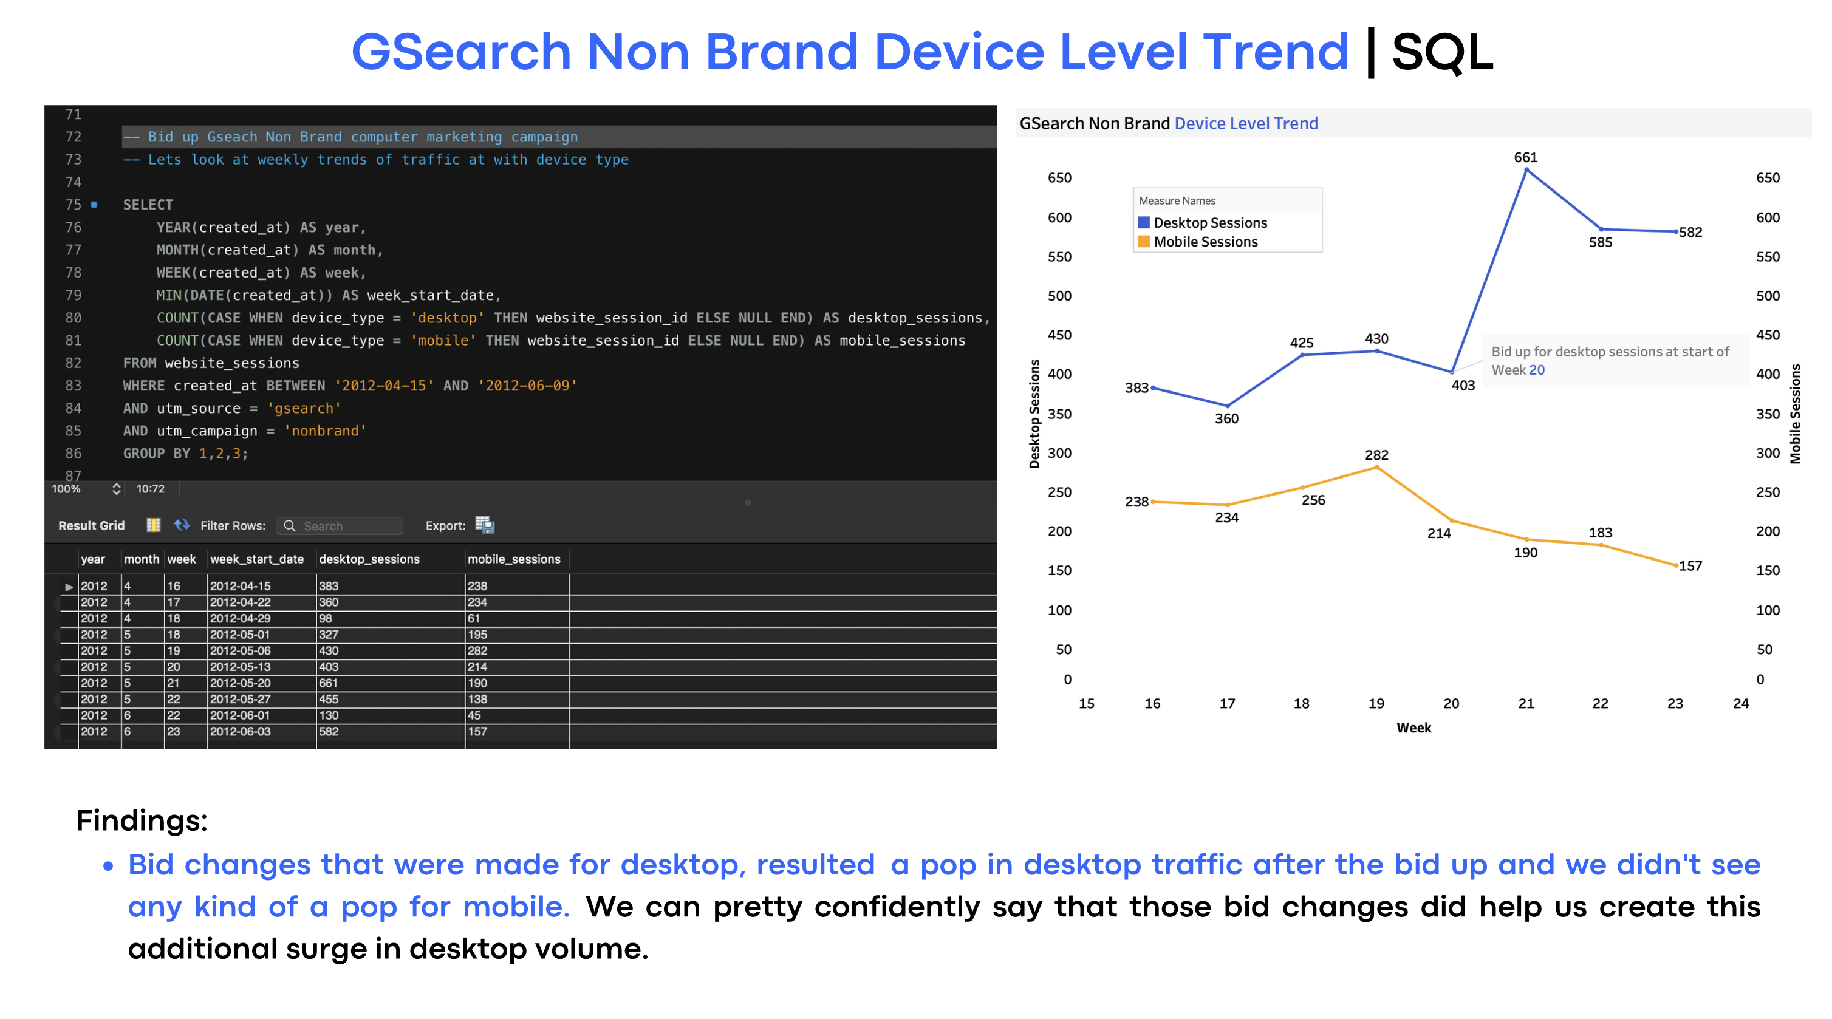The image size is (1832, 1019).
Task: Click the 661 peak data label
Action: (x=1525, y=157)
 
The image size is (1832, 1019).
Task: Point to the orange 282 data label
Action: (x=1376, y=455)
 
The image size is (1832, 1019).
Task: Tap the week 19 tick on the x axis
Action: (x=1376, y=703)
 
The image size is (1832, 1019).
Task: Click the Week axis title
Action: (x=1413, y=728)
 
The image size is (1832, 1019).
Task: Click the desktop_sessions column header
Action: (x=369, y=559)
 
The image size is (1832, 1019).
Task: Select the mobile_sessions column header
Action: (x=513, y=559)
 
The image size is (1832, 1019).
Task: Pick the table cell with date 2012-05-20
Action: (x=240, y=683)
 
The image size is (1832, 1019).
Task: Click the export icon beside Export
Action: (x=484, y=525)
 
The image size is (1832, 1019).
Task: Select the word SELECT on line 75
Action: (x=148, y=205)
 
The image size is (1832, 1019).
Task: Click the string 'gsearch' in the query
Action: (x=304, y=408)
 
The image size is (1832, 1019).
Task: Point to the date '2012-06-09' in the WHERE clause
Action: (x=527, y=386)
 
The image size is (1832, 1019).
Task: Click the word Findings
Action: (x=142, y=820)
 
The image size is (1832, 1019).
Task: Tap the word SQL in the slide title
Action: (x=1442, y=52)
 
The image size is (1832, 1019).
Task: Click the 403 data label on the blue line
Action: (x=1462, y=386)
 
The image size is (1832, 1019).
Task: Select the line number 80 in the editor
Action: (x=73, y=318)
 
